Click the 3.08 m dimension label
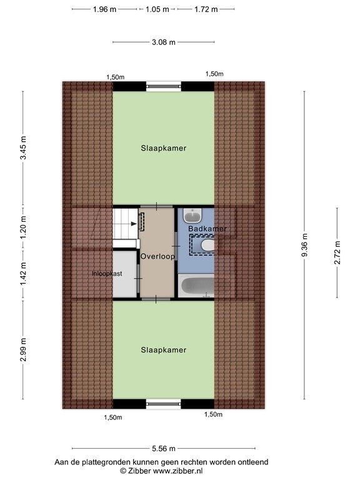[x=164, y=42]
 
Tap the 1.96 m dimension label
[x=105, y=9]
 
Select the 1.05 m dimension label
[x=157, y=9]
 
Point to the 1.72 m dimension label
[x=206, y=9]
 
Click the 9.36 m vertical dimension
[x=304, y=245]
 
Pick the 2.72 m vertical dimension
[x=337, y=252]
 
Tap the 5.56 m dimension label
[x=164, y=449]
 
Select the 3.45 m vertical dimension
[x=23, y=148]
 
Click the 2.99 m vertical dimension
[x=23, y=349]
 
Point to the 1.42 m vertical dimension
[x=23, y=274]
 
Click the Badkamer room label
[x=207, y=229]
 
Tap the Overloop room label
[x=157, y=256]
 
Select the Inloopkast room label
[x=107, y=274]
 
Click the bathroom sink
[x=192, y=216]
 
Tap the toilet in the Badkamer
[x=208, y=246]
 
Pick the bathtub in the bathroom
[x=196, y=286]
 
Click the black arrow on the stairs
[x=134, y=224]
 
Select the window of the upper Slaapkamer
[x=164, y=86]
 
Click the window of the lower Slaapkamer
[x=164, y=404]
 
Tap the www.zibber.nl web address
[x=177, y=471]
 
